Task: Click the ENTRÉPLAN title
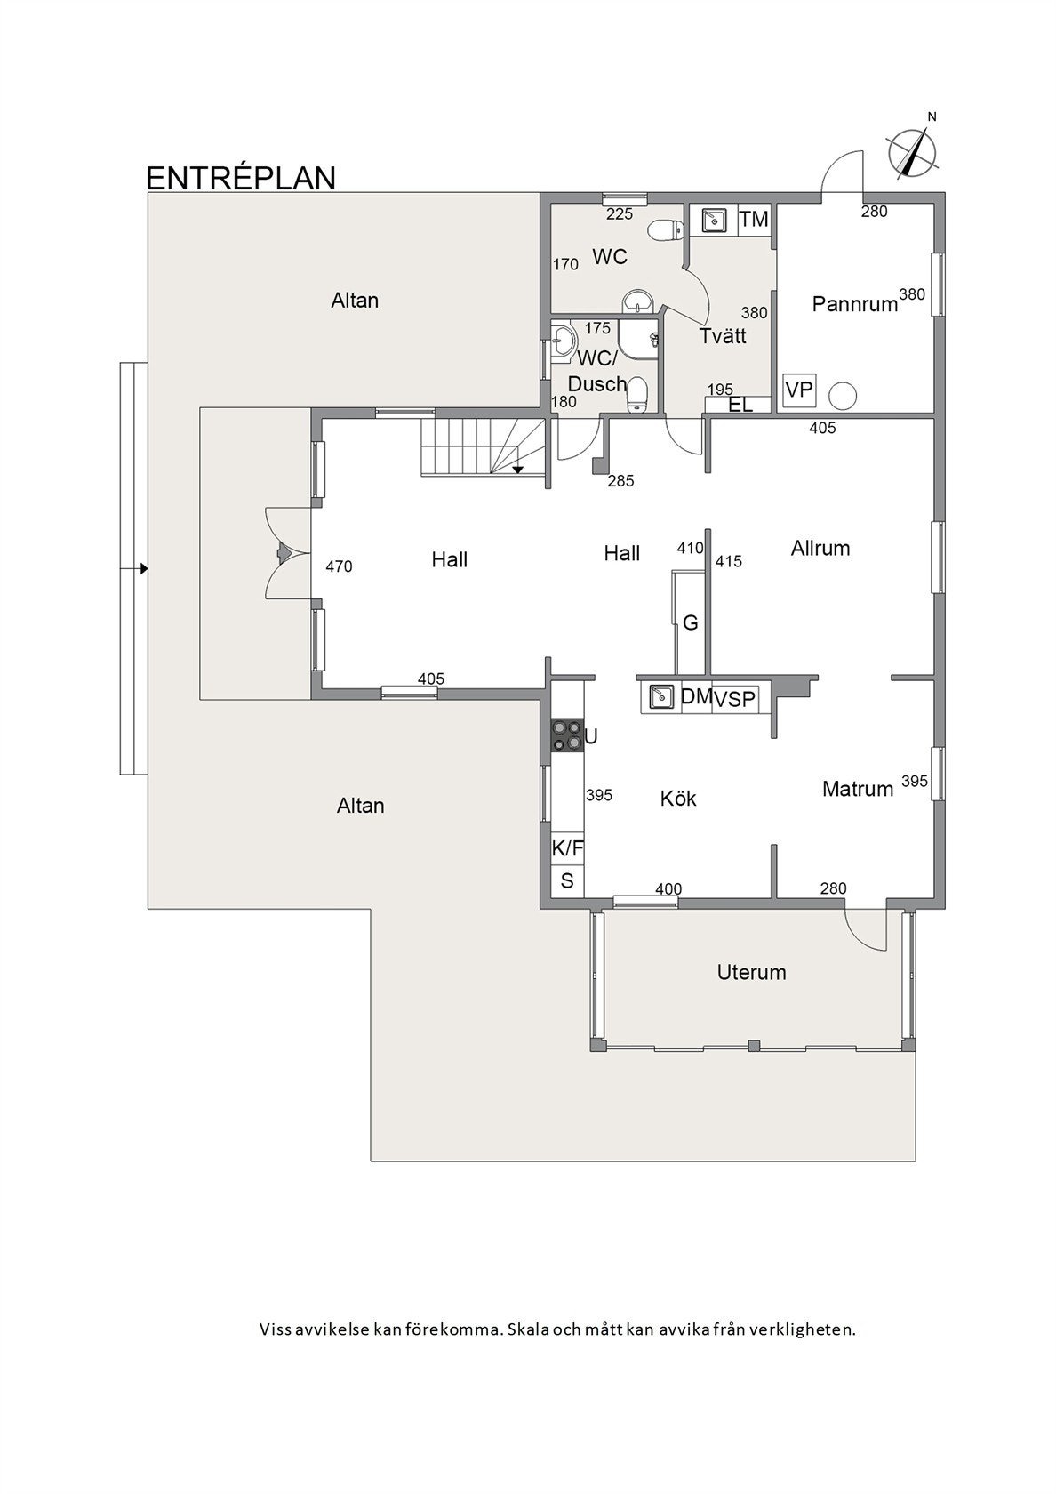(240, 178)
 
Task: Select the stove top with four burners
(566, 735)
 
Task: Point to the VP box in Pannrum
(798, 390)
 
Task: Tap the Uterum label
(751, 973)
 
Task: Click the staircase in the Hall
(482, 446)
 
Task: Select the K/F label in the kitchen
(567, 849)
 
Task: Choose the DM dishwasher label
(695, 697)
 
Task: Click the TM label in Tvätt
(754, 219)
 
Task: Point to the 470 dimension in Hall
(339, 566)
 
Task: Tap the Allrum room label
(820, 548)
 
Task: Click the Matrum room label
(857, 789)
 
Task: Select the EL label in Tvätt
(740, 404)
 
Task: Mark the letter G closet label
(691, 622)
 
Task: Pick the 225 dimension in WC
(620, 215)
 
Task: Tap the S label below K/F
(567, 881)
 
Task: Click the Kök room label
(678, 799)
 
